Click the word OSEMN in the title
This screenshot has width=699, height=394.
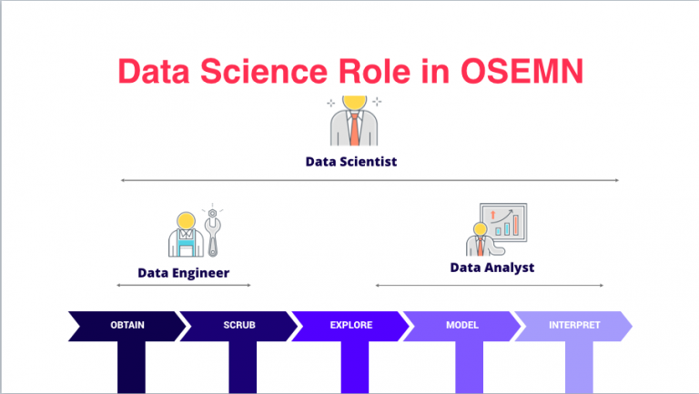[x=521, y=72]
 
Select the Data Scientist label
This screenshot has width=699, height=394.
[x=350, y=161]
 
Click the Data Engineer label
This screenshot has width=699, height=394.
[x=183, y=272]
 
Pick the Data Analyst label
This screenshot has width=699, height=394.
[x=491, y=268]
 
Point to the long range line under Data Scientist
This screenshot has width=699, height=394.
[x=369, y=180]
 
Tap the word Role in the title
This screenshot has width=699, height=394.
[x=361, y=72]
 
